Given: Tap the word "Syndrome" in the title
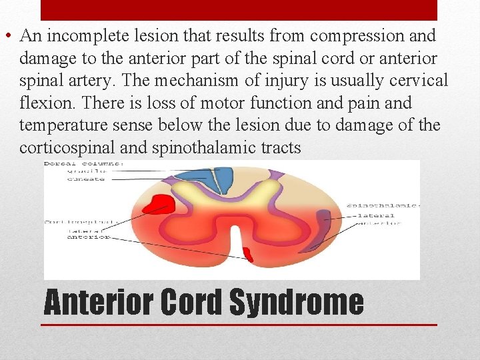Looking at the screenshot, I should coord(296,302).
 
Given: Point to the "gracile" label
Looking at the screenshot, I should coord(84,171).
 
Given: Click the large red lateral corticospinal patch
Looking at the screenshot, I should coord(159,202).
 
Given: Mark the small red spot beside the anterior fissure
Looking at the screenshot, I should coord(247,254).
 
